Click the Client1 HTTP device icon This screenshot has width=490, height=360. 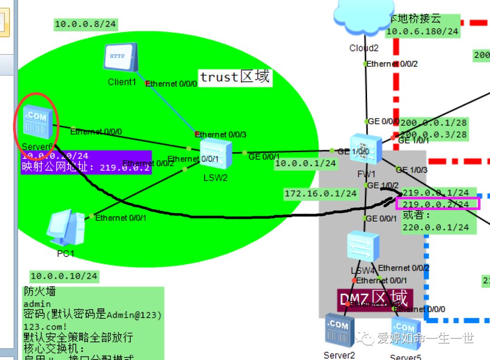(x=121, y=57)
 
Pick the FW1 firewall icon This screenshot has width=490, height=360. (x=366, y=149)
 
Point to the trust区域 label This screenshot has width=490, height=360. (x=235, y=77)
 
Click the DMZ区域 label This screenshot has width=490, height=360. (x=375, y=299)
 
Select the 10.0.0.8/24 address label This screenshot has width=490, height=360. (x=85, y=24)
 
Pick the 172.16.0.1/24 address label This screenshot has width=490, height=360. (x=320, y=193)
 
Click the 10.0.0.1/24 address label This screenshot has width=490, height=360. (x=306, y=163)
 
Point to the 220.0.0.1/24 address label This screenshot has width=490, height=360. (x=436, y=227)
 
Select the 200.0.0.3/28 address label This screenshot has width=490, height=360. (x=433, y=134)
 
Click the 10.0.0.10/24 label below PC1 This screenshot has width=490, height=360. (x=64, y=276)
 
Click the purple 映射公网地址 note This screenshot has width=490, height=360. (x=86, y=168)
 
